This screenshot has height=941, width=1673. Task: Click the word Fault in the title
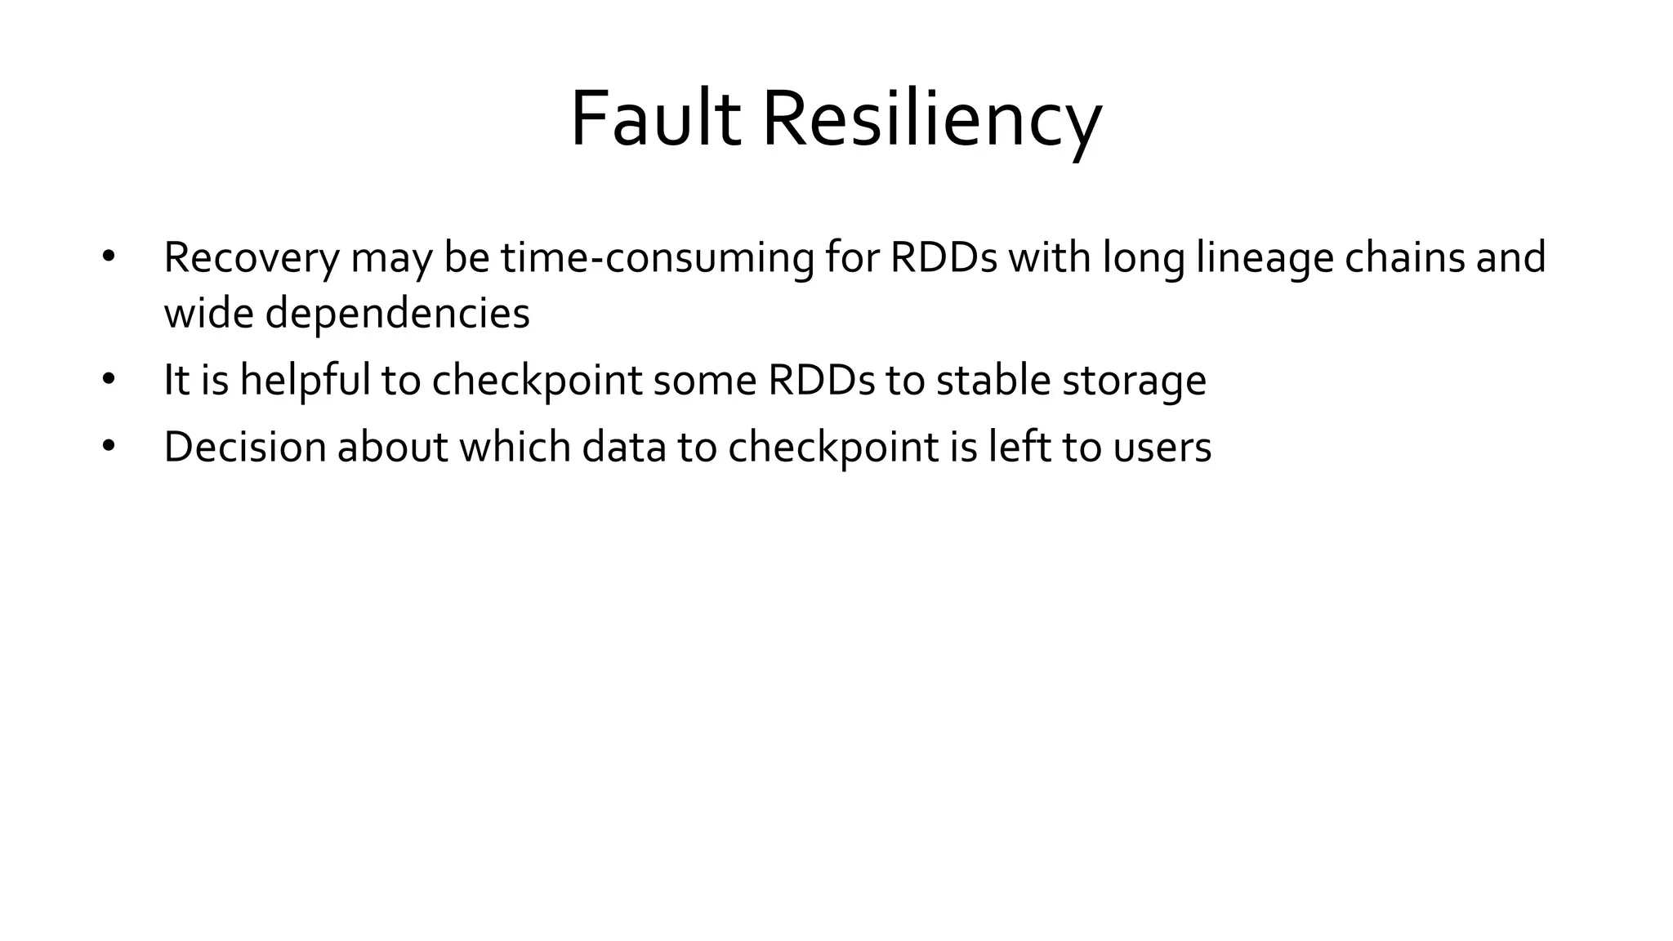pos(654,119)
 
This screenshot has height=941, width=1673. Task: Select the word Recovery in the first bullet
pos(251,258)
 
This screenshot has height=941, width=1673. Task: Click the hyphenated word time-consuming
pos(657,258)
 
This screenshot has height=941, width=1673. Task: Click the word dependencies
pos(397,314)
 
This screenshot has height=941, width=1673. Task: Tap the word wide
pos(208,314)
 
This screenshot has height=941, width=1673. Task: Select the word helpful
pos(306,381)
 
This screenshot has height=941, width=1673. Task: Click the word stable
pos(993,381)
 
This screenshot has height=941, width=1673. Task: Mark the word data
pos(624,447)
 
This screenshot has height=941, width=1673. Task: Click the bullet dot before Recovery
pos(109,256)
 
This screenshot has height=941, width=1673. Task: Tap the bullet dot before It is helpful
pos(109,379)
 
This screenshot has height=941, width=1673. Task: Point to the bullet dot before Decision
pos(109,446)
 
